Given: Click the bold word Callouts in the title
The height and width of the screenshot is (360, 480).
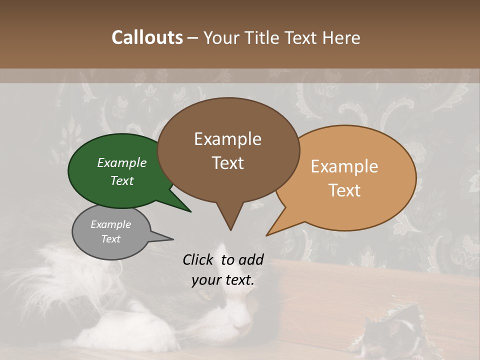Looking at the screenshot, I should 147,37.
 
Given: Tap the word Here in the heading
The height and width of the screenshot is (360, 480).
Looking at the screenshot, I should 341,37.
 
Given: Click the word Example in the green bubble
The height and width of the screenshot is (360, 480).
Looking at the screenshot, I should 121,162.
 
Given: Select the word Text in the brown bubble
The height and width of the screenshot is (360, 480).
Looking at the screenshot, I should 228,163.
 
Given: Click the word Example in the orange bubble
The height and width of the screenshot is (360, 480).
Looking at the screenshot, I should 344,166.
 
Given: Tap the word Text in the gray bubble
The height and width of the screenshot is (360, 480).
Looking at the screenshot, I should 110,239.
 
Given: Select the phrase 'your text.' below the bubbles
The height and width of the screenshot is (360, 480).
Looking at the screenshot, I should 223,280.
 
